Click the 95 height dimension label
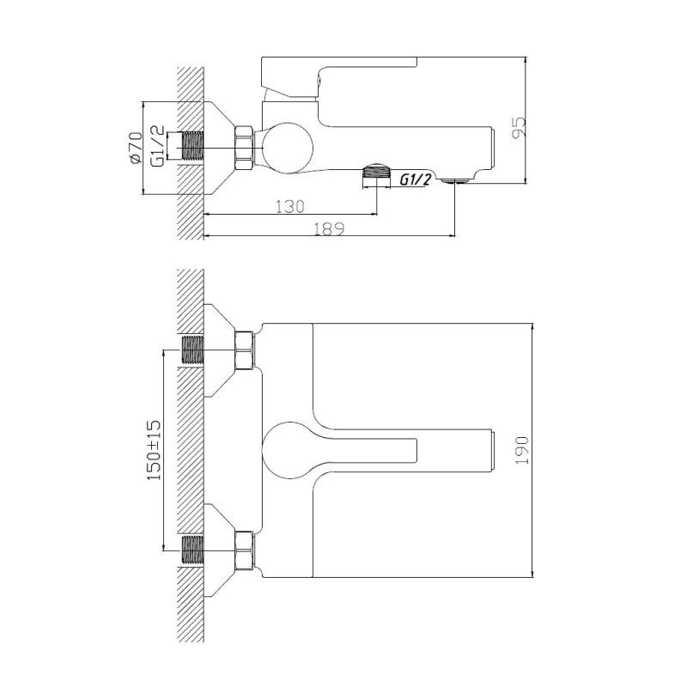coord(518,127)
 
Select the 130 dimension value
coord(291,206)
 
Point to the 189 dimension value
coord(328,228)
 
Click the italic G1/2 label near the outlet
coord(415,179)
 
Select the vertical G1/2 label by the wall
coord(157,146)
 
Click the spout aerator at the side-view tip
coord(454,180)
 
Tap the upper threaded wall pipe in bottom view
coord(193,350)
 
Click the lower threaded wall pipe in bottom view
coord(193,549)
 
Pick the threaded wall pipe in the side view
coord(194,147)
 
